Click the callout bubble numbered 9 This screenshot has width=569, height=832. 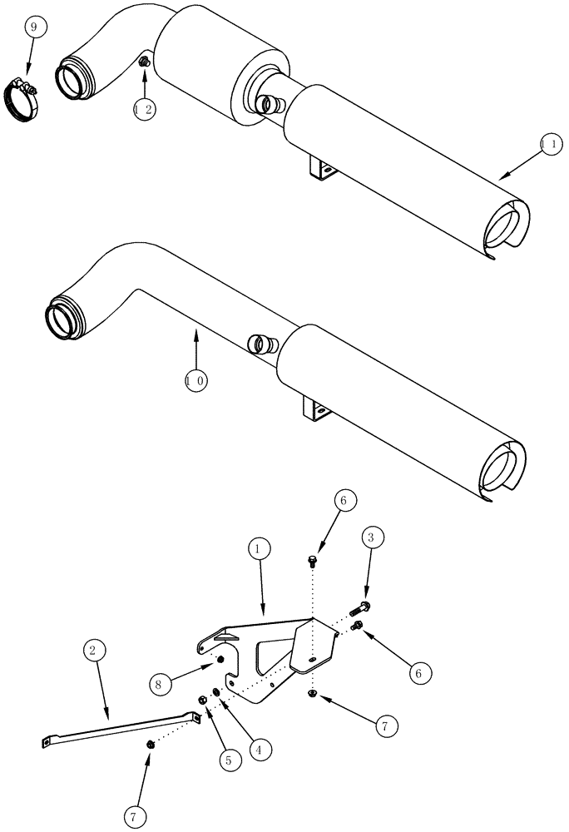coord(33,28)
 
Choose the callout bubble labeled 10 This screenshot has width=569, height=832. coord(196,380)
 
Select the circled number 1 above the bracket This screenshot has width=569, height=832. coord(259,549)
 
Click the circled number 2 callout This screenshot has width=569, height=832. coord(94,651)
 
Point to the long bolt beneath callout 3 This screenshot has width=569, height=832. coord(363,606)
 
